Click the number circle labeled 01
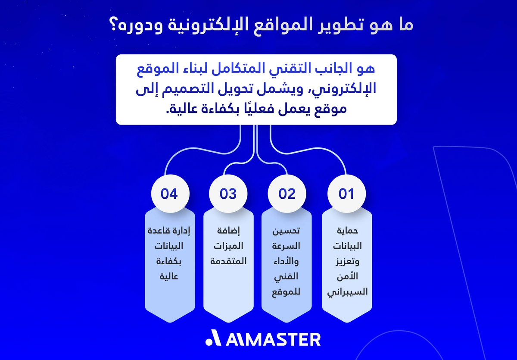(x=346, y=194)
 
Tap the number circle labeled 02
(x=287, y=194)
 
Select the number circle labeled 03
(x=228, y=194)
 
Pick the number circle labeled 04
(x=169, y=194)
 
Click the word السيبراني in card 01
(x=347, y=292)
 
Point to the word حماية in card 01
(x=347, y=231)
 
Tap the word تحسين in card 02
(x=287, y=231)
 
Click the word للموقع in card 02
(x=287, y=292)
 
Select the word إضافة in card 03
(x=228, y=231)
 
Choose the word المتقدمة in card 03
(x=228, y=261)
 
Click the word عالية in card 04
(x=169, y=277)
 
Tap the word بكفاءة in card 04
(x=169, y=261)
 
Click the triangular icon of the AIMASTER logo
(x=213, y=339)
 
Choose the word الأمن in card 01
(x=347, y=276)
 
